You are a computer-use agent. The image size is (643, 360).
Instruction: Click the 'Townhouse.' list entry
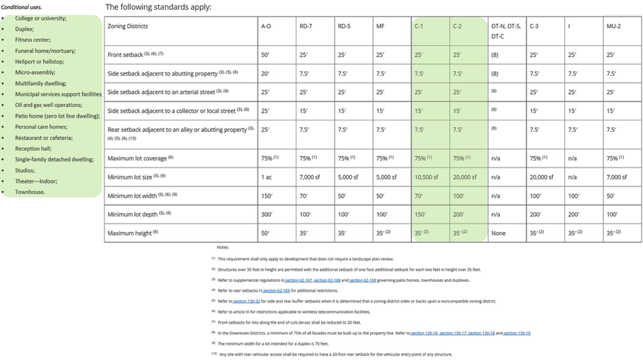(x=30, y=193)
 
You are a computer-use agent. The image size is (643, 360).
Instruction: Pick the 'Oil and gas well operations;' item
(x=48, y=105)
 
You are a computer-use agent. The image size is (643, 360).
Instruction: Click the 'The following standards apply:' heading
(x=158, y=7)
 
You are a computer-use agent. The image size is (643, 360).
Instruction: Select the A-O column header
(x=266, y=26)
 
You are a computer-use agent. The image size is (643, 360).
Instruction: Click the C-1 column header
(x=419, y=26)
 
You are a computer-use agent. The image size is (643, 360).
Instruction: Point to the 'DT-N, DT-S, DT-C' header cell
(x=506, y=30)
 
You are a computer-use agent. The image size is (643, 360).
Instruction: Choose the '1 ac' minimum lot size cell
(x=267, y=177)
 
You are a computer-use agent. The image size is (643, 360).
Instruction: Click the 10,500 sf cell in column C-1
(x=426, y=177)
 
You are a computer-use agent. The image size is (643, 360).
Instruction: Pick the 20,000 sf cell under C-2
(x=464, y=177)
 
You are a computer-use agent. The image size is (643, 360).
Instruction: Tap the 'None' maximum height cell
(x=498, y=233)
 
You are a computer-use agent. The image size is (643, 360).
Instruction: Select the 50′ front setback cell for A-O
(x=266, y=55)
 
